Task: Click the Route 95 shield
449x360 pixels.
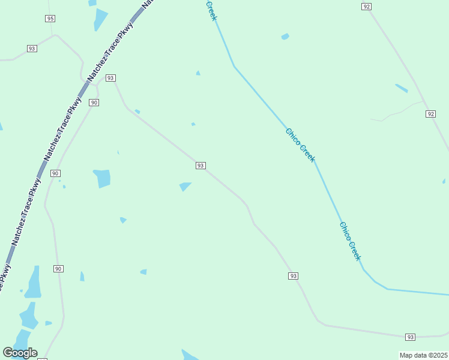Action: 50,19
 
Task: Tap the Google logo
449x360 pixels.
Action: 20,353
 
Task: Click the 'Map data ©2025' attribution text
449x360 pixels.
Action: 423,355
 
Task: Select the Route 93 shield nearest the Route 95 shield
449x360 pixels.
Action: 32,48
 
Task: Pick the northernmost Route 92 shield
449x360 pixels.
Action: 367,6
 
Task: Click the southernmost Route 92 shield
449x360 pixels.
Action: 430,113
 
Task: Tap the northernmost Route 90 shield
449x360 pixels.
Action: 94,103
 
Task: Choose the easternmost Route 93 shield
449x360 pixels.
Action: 410,337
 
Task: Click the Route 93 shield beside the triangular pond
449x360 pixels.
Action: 200,166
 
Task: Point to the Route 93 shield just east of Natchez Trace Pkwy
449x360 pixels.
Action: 110,78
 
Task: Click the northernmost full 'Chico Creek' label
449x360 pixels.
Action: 300,145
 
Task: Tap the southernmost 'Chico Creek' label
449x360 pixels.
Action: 351,241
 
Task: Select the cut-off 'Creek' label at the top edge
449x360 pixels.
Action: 211,10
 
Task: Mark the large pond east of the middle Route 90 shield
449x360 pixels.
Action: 103,178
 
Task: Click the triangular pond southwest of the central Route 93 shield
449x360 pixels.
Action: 185,186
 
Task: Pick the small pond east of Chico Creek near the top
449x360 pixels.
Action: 285,37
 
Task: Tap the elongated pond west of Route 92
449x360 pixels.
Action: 401,88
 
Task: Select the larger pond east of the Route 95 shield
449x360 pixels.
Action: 100,20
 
